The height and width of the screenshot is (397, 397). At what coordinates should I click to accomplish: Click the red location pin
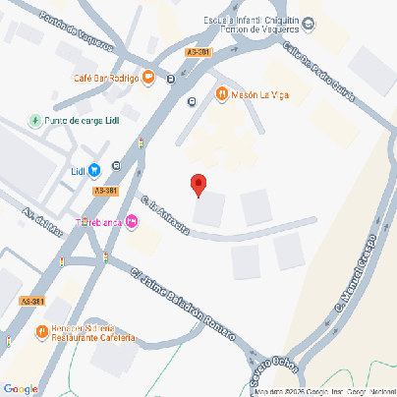click(x=198, y=184)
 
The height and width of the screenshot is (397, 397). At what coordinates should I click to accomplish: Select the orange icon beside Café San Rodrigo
click(x=148, y=77)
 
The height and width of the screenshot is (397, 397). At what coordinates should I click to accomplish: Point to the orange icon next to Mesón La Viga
click(x=222, y=94)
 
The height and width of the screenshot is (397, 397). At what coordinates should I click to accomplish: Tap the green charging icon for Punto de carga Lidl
click(x=36, y=120)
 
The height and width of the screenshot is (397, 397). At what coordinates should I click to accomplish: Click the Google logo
click(x=21, y=389)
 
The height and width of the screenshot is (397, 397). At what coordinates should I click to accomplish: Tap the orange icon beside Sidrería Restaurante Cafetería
click(x=41, y=331)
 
